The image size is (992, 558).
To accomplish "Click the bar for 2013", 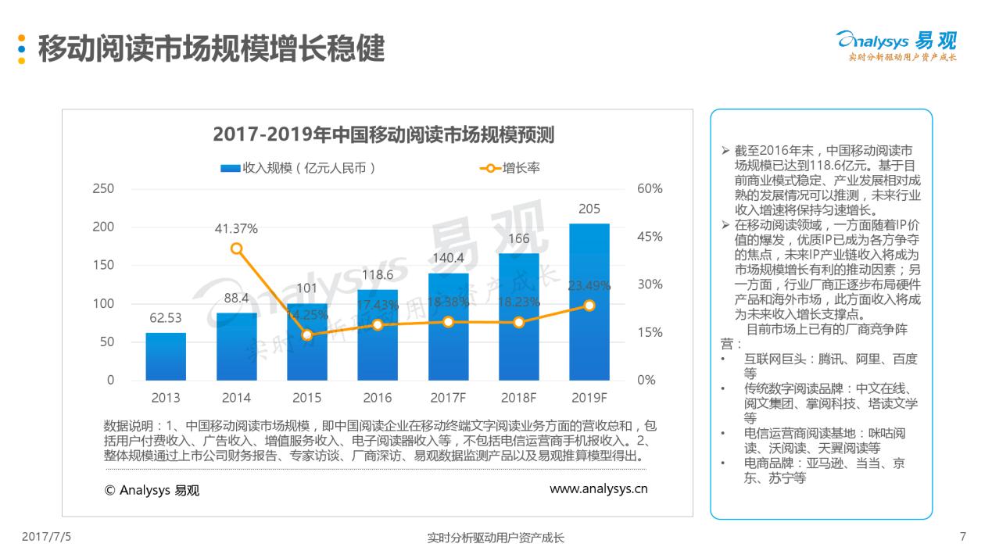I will tap(166, 356).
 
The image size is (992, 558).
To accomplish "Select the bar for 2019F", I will tap(589, 302).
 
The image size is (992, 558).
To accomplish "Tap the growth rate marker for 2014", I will tap(237, 249).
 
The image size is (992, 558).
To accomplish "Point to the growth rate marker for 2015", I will tap(307, 334).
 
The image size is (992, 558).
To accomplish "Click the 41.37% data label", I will tap(236, 229).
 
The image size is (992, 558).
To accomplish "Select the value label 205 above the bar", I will tap(589, 209).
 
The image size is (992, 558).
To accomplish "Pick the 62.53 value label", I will tap(166, 318).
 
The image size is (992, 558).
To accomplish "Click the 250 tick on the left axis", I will tap(103, 188).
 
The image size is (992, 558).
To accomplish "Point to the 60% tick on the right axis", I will tap(650, 188).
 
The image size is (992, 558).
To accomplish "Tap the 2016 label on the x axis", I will tap(378, 398).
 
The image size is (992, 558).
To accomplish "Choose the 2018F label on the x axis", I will tap(518, 398).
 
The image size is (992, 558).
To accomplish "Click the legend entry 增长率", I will tap(511, 167).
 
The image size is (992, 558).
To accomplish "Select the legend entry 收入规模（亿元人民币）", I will tap(299, 167).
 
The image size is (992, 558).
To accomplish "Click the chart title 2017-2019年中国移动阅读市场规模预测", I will tap(384, 134).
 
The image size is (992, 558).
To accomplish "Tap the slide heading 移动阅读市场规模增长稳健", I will tap(211, 48).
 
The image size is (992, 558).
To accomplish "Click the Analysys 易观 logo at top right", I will tap(896, 45).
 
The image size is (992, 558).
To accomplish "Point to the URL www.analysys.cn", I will tap(598, 489).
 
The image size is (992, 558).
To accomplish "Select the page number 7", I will tap(962, 537).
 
